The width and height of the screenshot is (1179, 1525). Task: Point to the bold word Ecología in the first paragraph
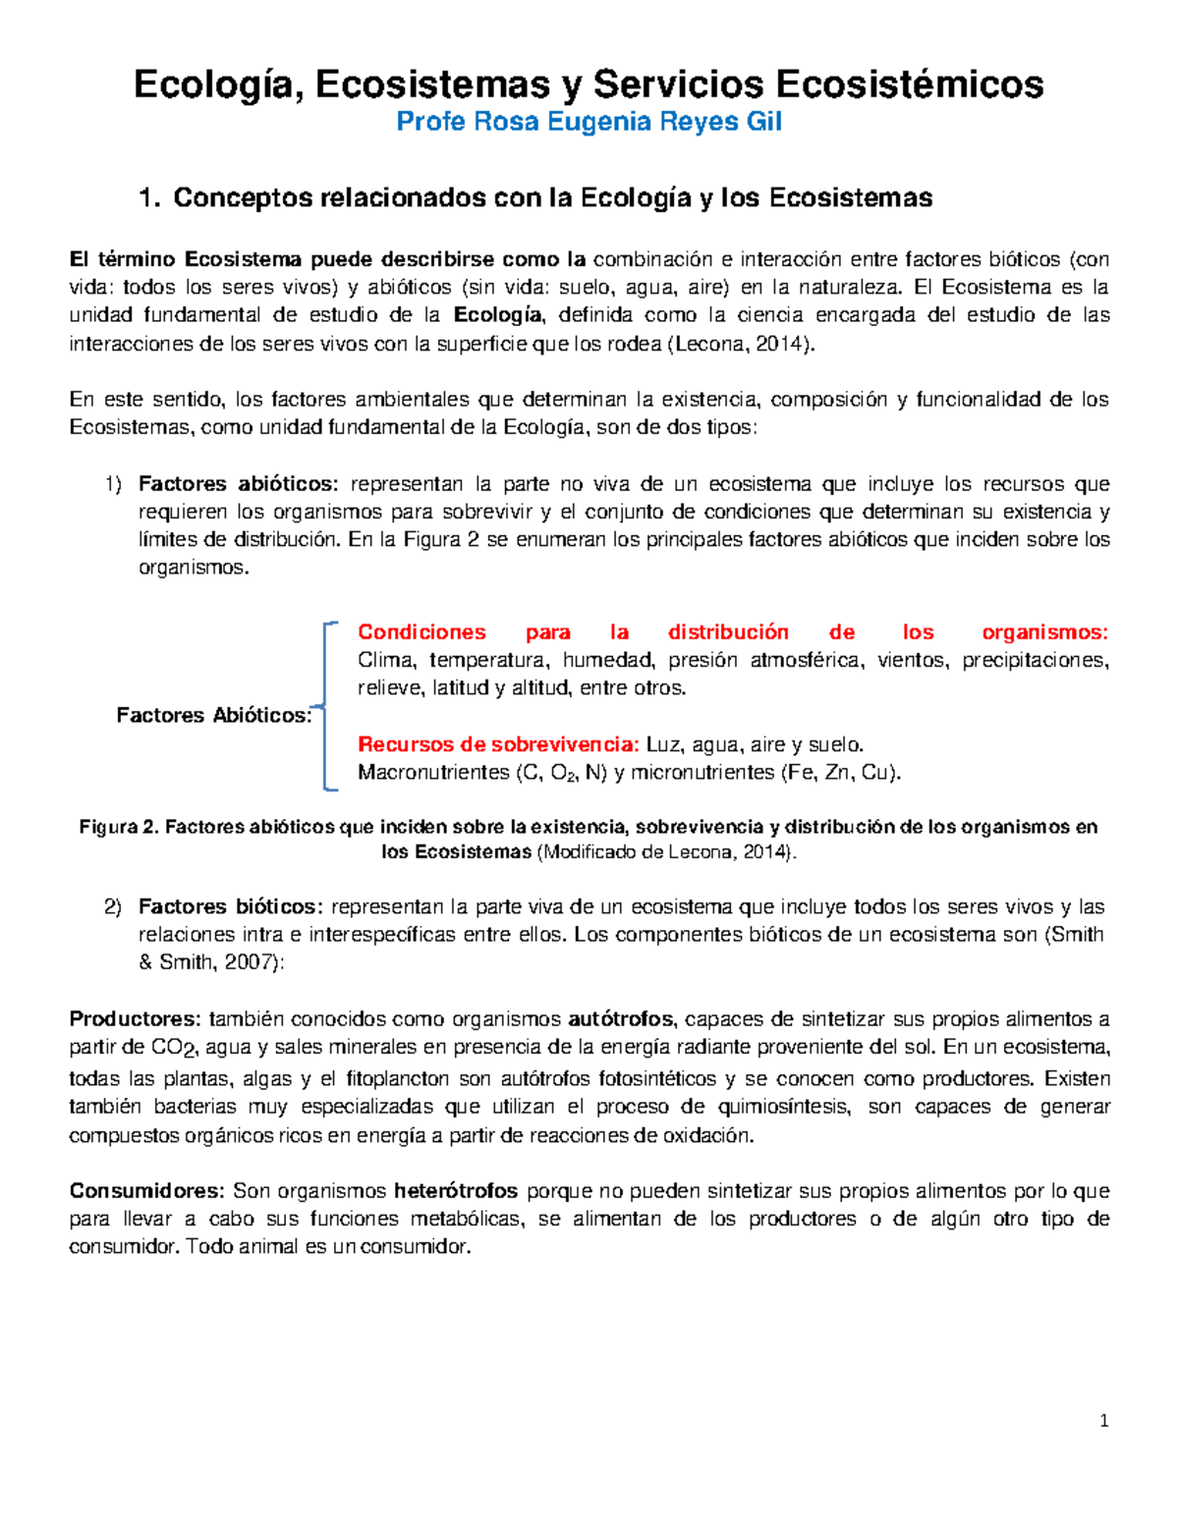tap(498, 315)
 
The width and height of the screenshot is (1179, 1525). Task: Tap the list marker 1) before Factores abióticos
tap(113, 484)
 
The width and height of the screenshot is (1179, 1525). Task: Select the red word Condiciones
tap(421, 632)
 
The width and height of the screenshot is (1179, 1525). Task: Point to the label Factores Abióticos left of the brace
tap(213, 716)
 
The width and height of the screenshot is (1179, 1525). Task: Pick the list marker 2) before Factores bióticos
tap(113, 907)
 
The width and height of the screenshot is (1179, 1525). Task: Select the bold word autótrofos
tap(622, 1019)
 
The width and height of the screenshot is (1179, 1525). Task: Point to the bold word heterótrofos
tap(456, 1191)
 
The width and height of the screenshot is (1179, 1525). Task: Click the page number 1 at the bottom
tap(1105, 1421)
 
